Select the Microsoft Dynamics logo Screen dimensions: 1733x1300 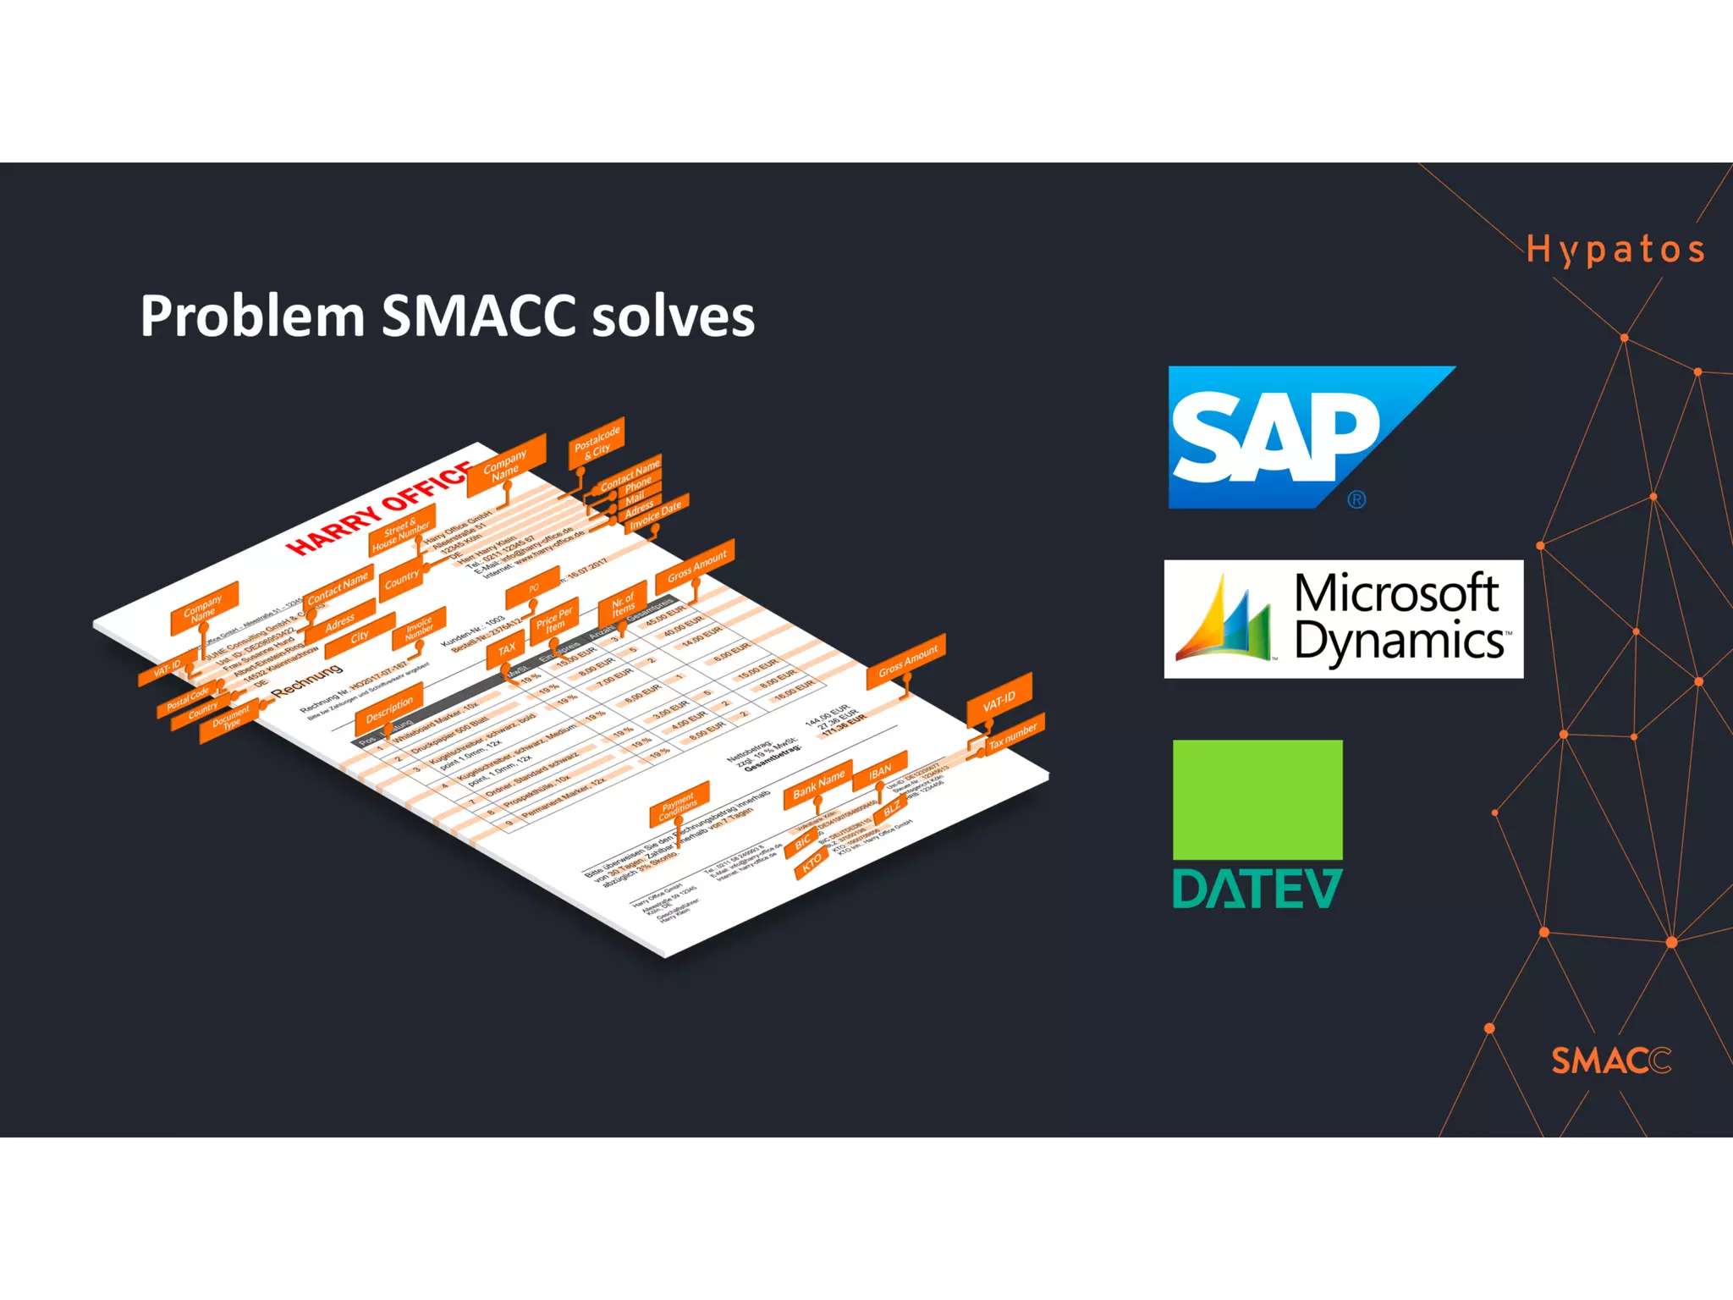point(1343,619)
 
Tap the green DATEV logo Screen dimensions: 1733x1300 point(1257,824)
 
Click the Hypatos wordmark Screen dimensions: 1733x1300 point(1615,251)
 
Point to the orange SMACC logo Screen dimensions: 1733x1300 point(1610,1060)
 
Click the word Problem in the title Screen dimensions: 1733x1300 point(251,317)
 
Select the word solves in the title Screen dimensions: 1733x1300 point(673,317)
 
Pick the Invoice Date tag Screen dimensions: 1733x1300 point(656,514)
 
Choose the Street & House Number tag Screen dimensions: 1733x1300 point(401,530)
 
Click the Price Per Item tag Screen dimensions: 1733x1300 point(554,619)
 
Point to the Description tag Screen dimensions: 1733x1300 point(389,709)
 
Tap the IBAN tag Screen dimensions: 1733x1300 point(880,770)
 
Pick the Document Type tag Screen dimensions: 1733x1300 point(229,720)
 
